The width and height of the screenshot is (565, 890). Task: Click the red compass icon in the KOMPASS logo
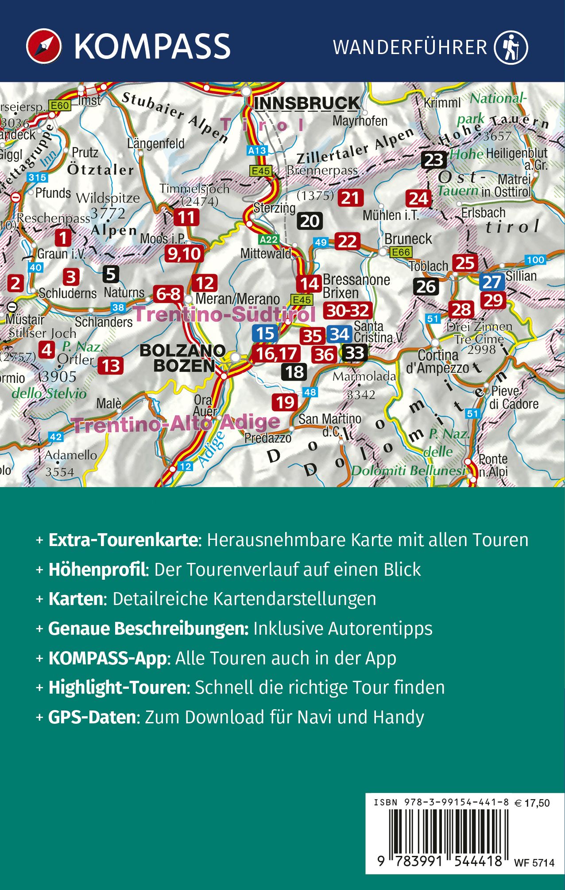pos(44,46)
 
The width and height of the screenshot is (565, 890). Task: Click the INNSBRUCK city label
pos(306,103)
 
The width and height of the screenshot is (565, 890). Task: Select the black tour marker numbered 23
pos(433,160)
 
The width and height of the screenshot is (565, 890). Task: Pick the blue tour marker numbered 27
pos(491,282)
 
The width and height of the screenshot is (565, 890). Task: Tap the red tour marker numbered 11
pos(186,217)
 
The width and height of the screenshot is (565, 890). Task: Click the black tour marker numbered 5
pos(111,274)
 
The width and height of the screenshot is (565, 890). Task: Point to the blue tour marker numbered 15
pos(265,333)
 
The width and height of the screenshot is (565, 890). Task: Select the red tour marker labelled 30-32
pos(348,310)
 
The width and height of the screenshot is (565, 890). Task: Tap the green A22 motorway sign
pos(268,240)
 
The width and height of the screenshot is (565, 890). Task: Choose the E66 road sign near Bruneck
pos(401,252)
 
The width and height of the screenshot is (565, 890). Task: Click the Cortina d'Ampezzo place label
pos(437,361)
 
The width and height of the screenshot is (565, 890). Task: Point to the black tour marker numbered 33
pos(354,353)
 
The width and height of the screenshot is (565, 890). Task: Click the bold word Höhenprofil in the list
pos(97,570)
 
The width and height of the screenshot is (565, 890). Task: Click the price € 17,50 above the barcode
pos(532,803)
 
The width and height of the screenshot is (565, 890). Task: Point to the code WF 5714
pos(534,863)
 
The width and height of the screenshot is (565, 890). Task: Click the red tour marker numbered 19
pos(285,402)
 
